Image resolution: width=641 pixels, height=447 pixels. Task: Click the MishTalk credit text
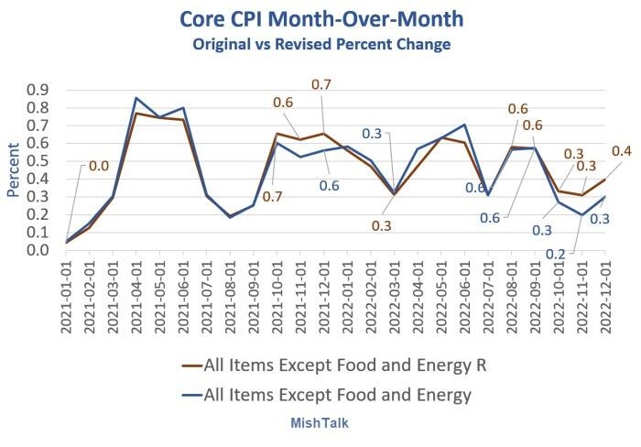coord(320,423)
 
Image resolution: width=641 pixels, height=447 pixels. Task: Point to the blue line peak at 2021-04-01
coord(137,98)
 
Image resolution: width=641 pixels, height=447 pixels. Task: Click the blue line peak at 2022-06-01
coord(463,125)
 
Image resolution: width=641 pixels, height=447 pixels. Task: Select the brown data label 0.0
coord(98,166)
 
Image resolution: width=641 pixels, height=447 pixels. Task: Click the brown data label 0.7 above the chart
coord(321,85)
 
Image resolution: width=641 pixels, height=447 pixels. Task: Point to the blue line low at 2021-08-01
coord(231,217)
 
